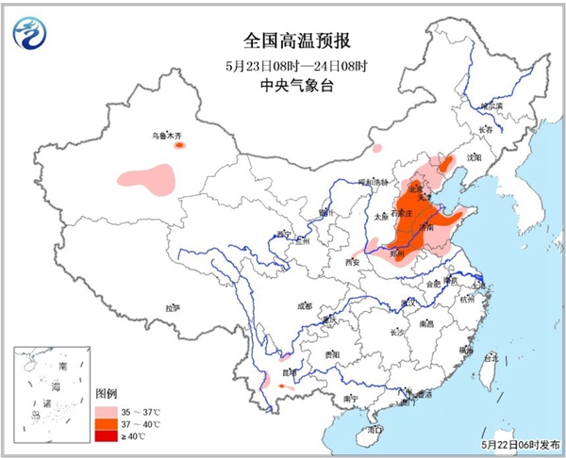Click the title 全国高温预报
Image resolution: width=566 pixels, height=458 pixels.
click(283, 41)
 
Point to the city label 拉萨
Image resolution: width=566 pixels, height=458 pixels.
click(171, 307)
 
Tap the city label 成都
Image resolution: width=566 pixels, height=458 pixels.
click(304, 305)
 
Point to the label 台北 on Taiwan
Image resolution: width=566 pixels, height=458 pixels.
click(489, 359)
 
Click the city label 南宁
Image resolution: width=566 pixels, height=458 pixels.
click(350, 399)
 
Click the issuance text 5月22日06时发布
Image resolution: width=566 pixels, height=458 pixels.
click(519, 444)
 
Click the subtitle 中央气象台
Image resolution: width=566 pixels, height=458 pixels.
click(283, 86)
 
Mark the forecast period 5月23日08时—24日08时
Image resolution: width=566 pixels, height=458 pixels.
click(283, 64)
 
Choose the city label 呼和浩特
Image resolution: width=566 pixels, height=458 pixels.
click(351, 182)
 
